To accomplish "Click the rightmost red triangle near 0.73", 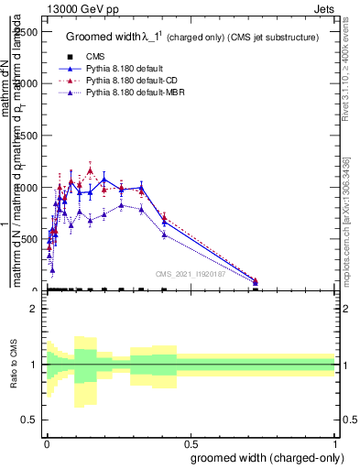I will tap(256, 280).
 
